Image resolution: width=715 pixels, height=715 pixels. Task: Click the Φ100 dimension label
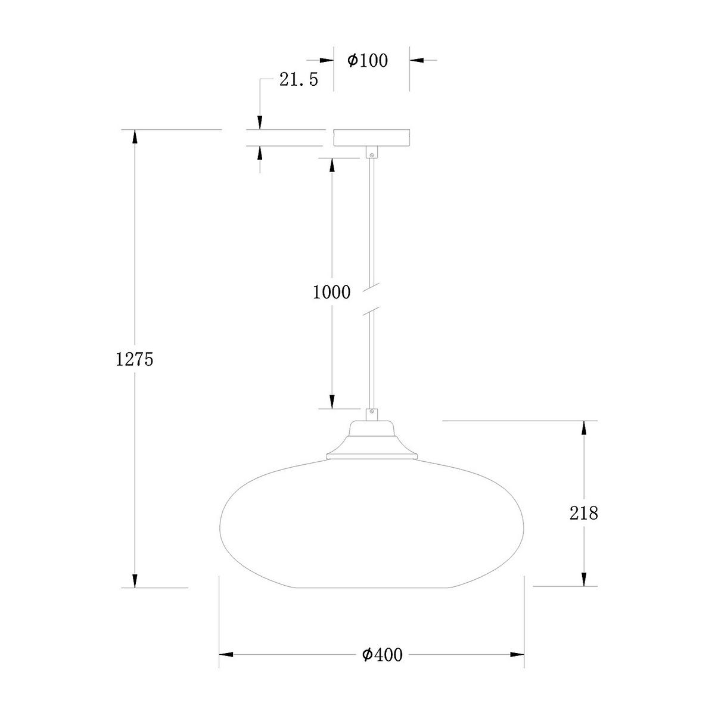[x=367, y=60]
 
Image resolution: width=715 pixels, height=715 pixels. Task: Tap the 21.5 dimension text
[x=299, y=79]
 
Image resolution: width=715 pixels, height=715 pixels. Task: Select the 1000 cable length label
[x=331, y=292]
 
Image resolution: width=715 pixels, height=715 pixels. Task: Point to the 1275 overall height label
[x=135, y=359]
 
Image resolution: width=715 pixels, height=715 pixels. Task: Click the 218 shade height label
[x=583, y=512]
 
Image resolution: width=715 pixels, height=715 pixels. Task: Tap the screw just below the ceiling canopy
[x=372, y=154]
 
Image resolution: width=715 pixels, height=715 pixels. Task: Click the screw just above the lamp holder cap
[x=372, y=411]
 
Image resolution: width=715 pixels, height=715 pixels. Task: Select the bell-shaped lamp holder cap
[x=372, y=441]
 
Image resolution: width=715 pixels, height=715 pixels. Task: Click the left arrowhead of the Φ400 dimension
[x=226, y=655]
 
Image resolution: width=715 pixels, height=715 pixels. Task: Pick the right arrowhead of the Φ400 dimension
[x=517, y=655]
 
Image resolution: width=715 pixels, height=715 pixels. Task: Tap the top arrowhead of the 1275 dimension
[x=135, y=136]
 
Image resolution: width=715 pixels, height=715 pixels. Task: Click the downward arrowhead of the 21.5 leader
[x=260, y=122]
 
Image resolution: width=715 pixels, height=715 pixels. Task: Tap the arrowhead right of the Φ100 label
[x=416, y=60]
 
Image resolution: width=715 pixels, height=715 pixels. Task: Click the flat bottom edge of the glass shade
[x=372, y=588]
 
